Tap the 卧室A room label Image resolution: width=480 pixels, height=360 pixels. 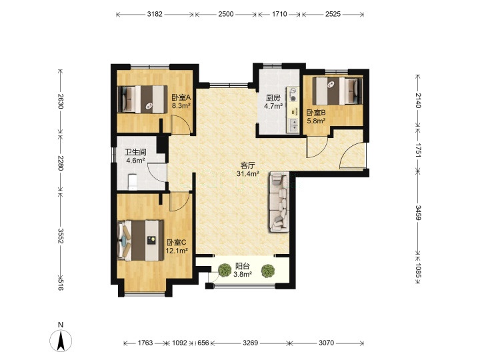pyautogui.click(x=181, y=98)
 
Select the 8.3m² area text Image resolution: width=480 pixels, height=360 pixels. pyautogui.click(x=181, y=106)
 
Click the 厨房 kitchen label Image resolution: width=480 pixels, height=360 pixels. pyautogui.click(x=273, y=98)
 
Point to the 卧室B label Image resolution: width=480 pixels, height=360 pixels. pyautogui.click(x=316, y=113)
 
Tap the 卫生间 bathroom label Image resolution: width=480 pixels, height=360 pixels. pyautogui.click(x=135, y=152)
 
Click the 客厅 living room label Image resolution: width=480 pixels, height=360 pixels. pyautogui.click(x=247, y=165)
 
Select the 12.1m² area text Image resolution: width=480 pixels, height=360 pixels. pyautogui.click(x=177, y=251)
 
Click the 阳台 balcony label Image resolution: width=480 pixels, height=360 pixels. pyautogui.click(x=243, y=266)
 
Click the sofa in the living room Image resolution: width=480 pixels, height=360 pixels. pyautogui.click(x=279, y=203)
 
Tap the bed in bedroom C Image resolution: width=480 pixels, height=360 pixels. pyautogui.click(x=141, y=240)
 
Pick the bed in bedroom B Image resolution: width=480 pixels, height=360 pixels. pyautogui.click(x=337, y=91)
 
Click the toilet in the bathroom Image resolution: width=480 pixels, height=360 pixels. pyautogui.click(x=132, y=182)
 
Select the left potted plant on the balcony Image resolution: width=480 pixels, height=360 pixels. pyautogui.click(x=225, y=270)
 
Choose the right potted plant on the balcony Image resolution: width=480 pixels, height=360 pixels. pyautogui.click(x=268, y=271)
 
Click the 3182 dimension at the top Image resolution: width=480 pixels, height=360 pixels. pyautogui.click(x=155, y=14)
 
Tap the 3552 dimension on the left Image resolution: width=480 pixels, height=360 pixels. pyautogui.click(x=60, y=236)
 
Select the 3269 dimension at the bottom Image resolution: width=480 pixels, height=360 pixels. pyautogui.click(x=251, y=343)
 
